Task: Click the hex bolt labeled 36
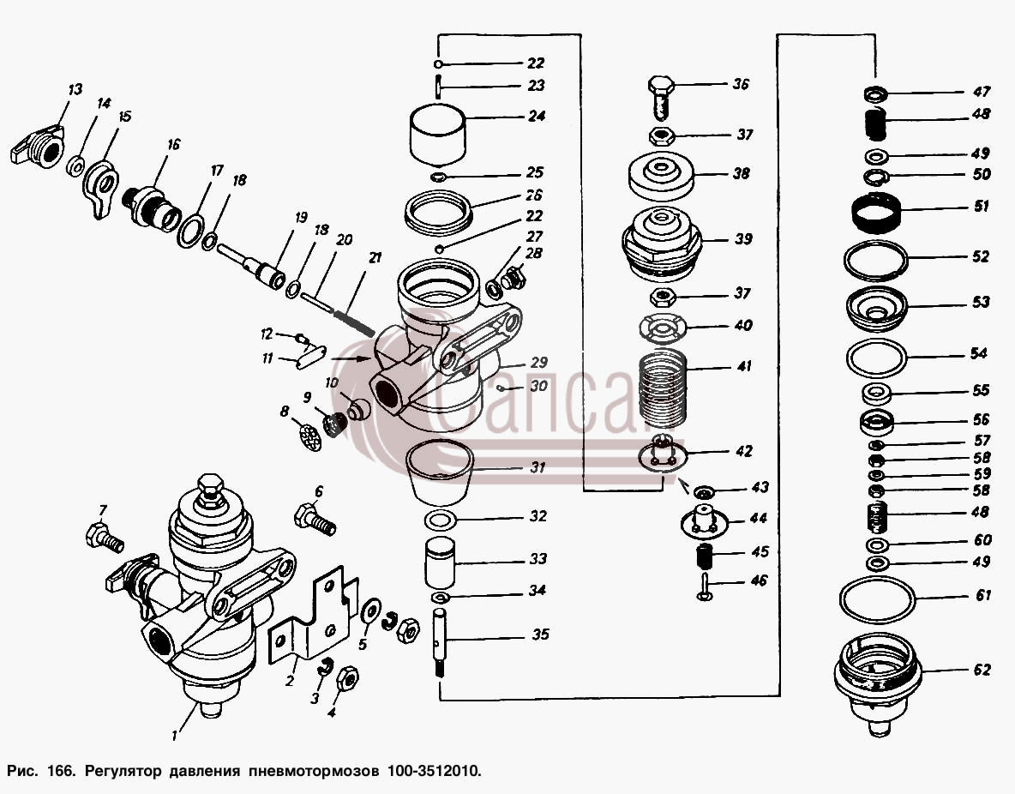point(661,97)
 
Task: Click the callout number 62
point(982,669)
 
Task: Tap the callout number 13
point(75,88)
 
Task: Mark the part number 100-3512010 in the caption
point(435,772)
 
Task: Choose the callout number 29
point(538,363)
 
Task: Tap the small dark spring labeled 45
point(704,556)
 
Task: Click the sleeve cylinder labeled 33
point(440,562)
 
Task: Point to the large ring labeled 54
point(848,357)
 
